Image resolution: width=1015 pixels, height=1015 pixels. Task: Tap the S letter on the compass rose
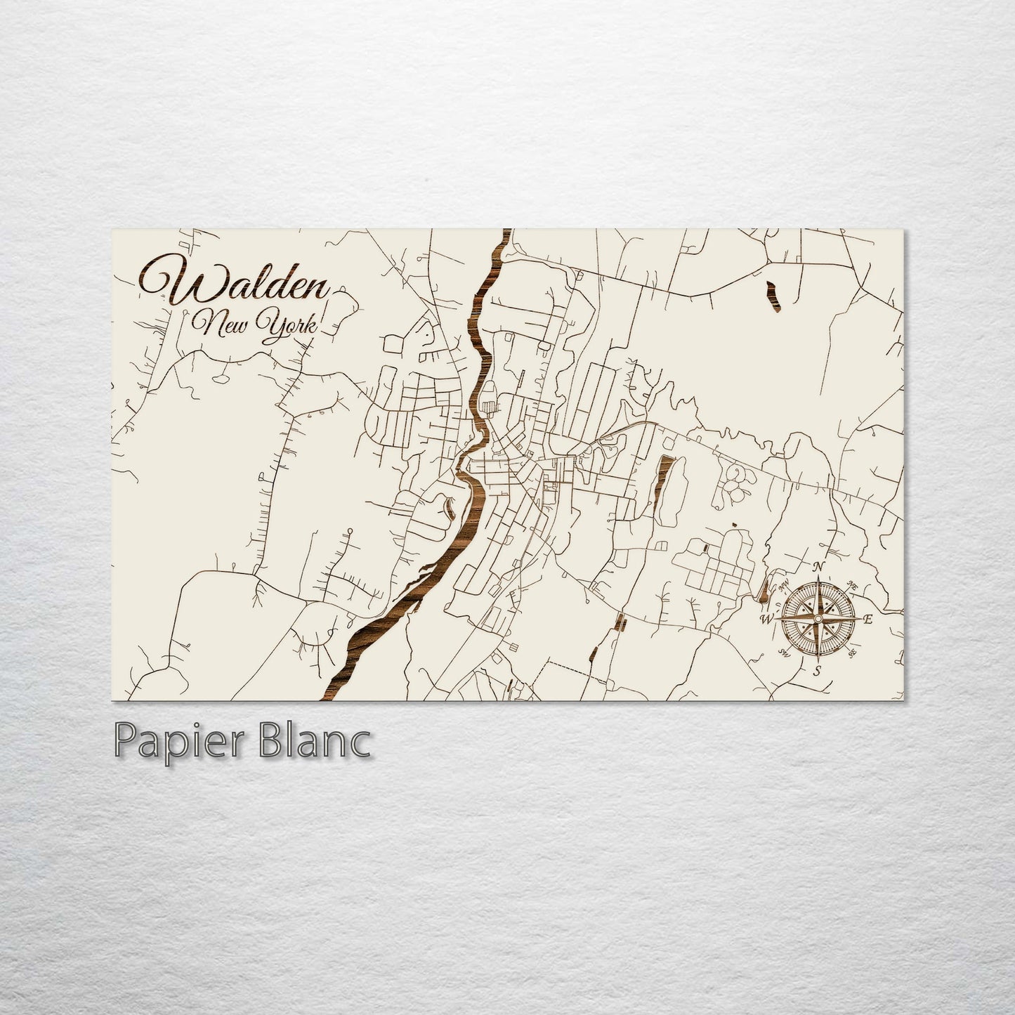pos(817,671)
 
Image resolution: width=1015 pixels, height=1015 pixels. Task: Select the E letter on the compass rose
pos(868,620)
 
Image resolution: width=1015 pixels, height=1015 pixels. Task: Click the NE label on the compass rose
pos(853,584)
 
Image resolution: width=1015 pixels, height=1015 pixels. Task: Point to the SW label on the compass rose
pos(783,653)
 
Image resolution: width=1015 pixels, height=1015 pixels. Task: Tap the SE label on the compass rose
pos(852,652)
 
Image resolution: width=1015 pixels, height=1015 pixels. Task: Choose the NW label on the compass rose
pos(785,584)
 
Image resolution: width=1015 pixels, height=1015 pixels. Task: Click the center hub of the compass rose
pos(817,618)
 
